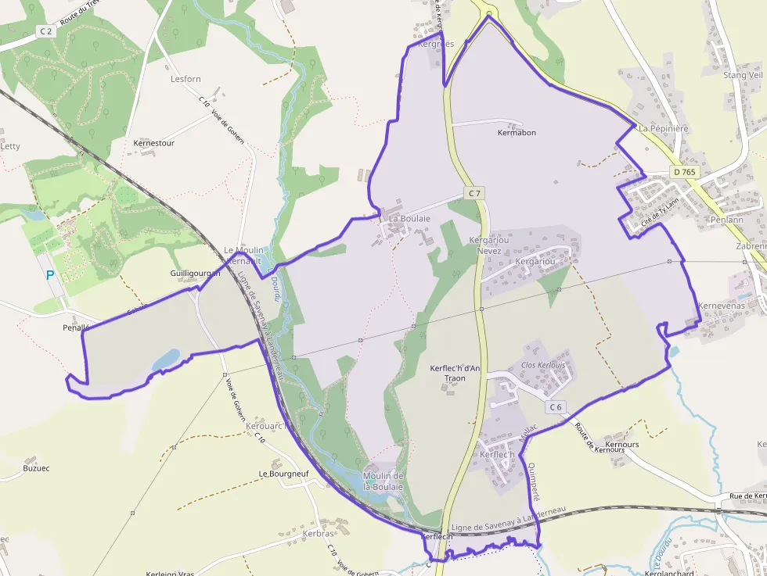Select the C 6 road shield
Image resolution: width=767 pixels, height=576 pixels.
point(556,406)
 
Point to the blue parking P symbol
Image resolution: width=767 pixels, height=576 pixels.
point(50,275)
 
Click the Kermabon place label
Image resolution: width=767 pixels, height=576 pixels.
point(517,133)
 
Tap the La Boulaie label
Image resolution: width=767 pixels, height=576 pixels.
point(409,219)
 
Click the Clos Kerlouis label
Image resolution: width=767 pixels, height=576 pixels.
point(542,365)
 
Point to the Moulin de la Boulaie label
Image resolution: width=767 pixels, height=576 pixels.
point(383,481)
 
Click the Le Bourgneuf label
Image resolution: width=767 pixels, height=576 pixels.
point(283,474)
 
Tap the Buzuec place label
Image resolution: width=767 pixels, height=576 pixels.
point(36,468)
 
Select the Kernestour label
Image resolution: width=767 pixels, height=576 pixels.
point(154,144)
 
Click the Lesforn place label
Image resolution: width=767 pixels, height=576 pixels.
point(185,79)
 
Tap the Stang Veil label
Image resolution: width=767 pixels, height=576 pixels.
point(743,75)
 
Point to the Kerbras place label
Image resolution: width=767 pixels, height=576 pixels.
point(318,534)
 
